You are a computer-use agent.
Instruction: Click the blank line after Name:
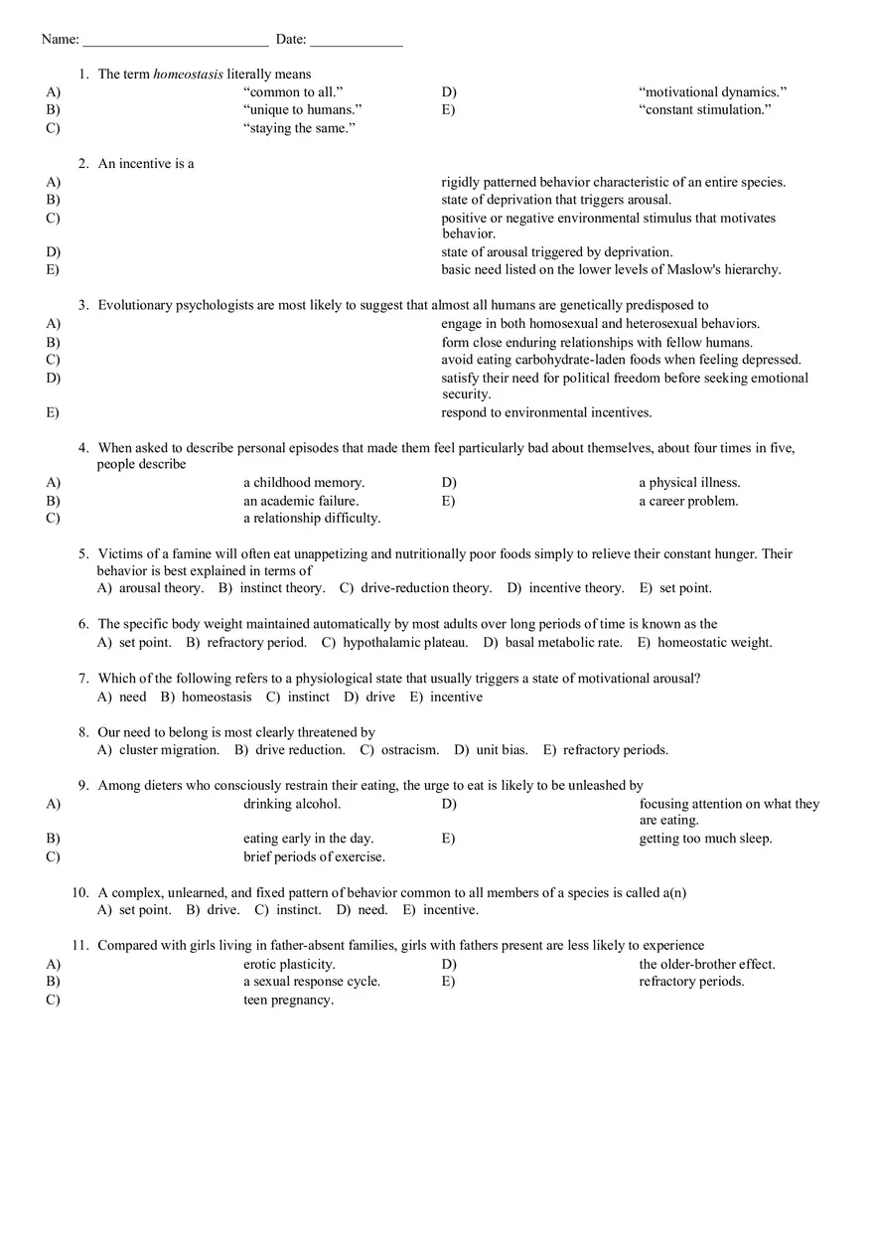(175, 41)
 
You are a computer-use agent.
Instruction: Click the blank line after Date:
(356, 41)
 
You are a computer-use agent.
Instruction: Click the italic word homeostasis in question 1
(188, 75)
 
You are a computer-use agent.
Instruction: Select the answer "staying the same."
(299, 128)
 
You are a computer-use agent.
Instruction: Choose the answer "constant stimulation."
(704, 110)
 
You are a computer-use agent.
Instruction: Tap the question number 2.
(83, 164)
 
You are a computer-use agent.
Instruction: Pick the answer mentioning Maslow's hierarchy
(611, 270)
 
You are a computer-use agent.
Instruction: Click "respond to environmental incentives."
(546, 413)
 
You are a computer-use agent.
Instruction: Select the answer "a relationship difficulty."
(312, 519)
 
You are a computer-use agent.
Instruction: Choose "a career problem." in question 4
(688, 502)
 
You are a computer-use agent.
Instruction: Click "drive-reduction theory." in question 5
(426, 588)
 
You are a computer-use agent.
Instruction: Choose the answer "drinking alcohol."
(292, 804)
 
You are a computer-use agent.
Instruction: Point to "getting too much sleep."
(705, 839)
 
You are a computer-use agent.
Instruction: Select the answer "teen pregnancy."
(288, 1001)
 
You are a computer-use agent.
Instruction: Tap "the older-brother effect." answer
(706, 965)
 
